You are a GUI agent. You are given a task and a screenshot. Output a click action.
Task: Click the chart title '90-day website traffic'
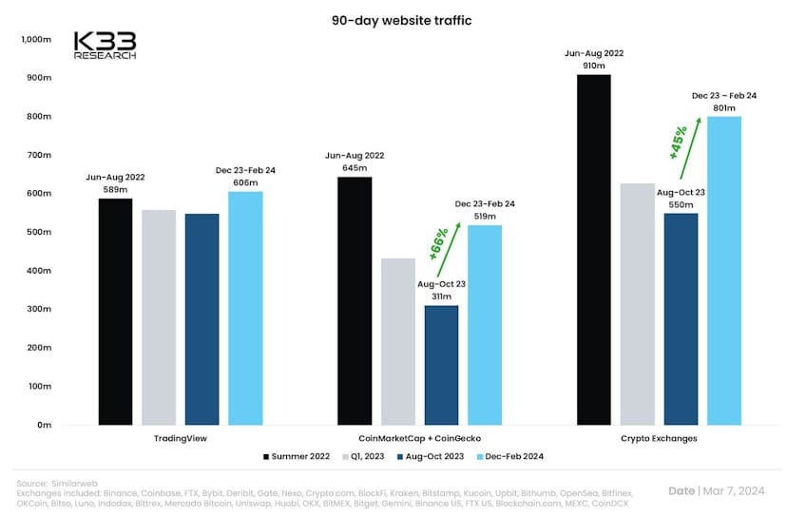pyautogui.click(x=393, y=19)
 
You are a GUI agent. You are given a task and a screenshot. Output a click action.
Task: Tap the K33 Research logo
pyautogui.click(x=106, y=46)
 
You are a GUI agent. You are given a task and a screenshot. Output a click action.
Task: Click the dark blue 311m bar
pyautogui.click(x=441, y=366)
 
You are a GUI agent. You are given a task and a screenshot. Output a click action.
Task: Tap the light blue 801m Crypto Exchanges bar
pyautogui.click(x=723, y=271)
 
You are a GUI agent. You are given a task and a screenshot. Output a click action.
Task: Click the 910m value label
pyautogui.click(x=593, y=67)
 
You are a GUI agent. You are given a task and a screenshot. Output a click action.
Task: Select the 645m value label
pyautogui.click(x=355, y=169)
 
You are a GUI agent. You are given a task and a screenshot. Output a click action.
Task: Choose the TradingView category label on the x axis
pyautogui.click(x=180, y=439)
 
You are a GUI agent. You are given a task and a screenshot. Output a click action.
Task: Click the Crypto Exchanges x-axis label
pyautogui.click(x=658, y=439)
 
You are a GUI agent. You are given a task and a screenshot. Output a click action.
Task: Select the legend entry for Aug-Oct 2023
pyautogui.click(x=428, y=457)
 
